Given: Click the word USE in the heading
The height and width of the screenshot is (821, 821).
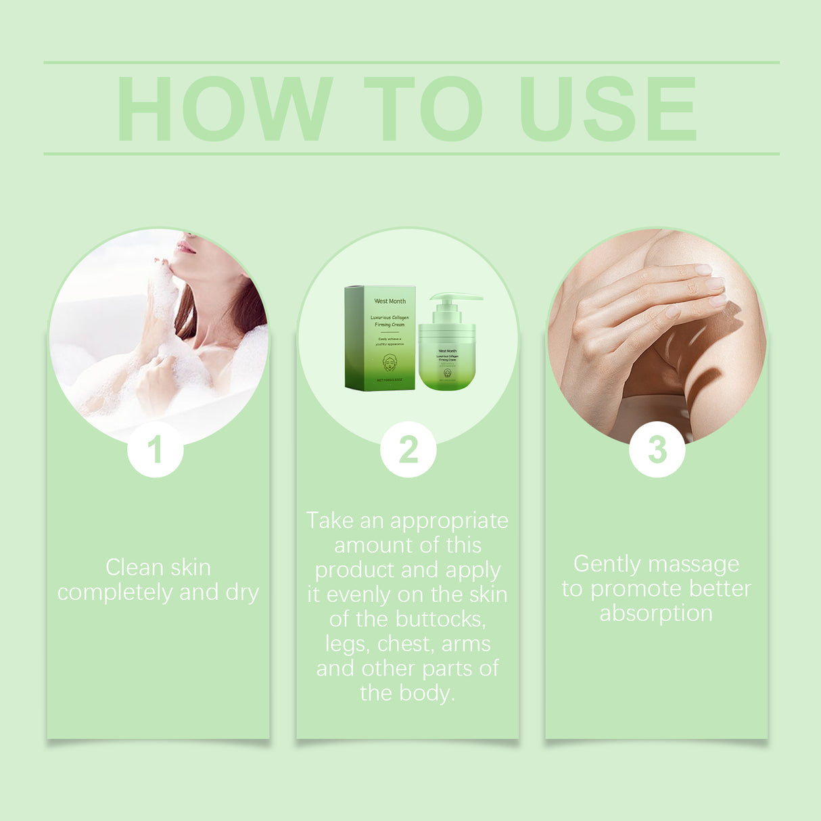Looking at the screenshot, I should click(x=607, y=109).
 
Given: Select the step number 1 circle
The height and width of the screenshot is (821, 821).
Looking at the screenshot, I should click(x=156, y=450).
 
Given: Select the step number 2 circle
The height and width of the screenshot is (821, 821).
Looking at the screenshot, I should click(x=408, y=450).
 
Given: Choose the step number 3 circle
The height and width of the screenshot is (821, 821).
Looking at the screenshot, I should click(x=657, y=450).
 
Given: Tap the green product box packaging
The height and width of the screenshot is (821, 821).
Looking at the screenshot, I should click(x=380, y=338).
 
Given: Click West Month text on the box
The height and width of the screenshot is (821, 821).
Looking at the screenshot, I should click(x=390, y=301).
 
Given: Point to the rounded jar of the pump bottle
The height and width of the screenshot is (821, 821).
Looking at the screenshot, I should click(x=447, y=358).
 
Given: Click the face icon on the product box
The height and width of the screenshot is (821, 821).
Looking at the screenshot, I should click(x=390, y=362).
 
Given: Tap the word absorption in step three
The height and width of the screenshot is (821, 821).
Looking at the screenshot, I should click(x=656, y=613).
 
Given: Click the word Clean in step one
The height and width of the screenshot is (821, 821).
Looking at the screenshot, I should click(x=135, y=567).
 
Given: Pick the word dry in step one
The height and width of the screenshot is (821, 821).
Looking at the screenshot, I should click(x=242, y=593).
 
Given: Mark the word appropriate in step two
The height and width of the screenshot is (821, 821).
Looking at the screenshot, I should click(x=449, y=521).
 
